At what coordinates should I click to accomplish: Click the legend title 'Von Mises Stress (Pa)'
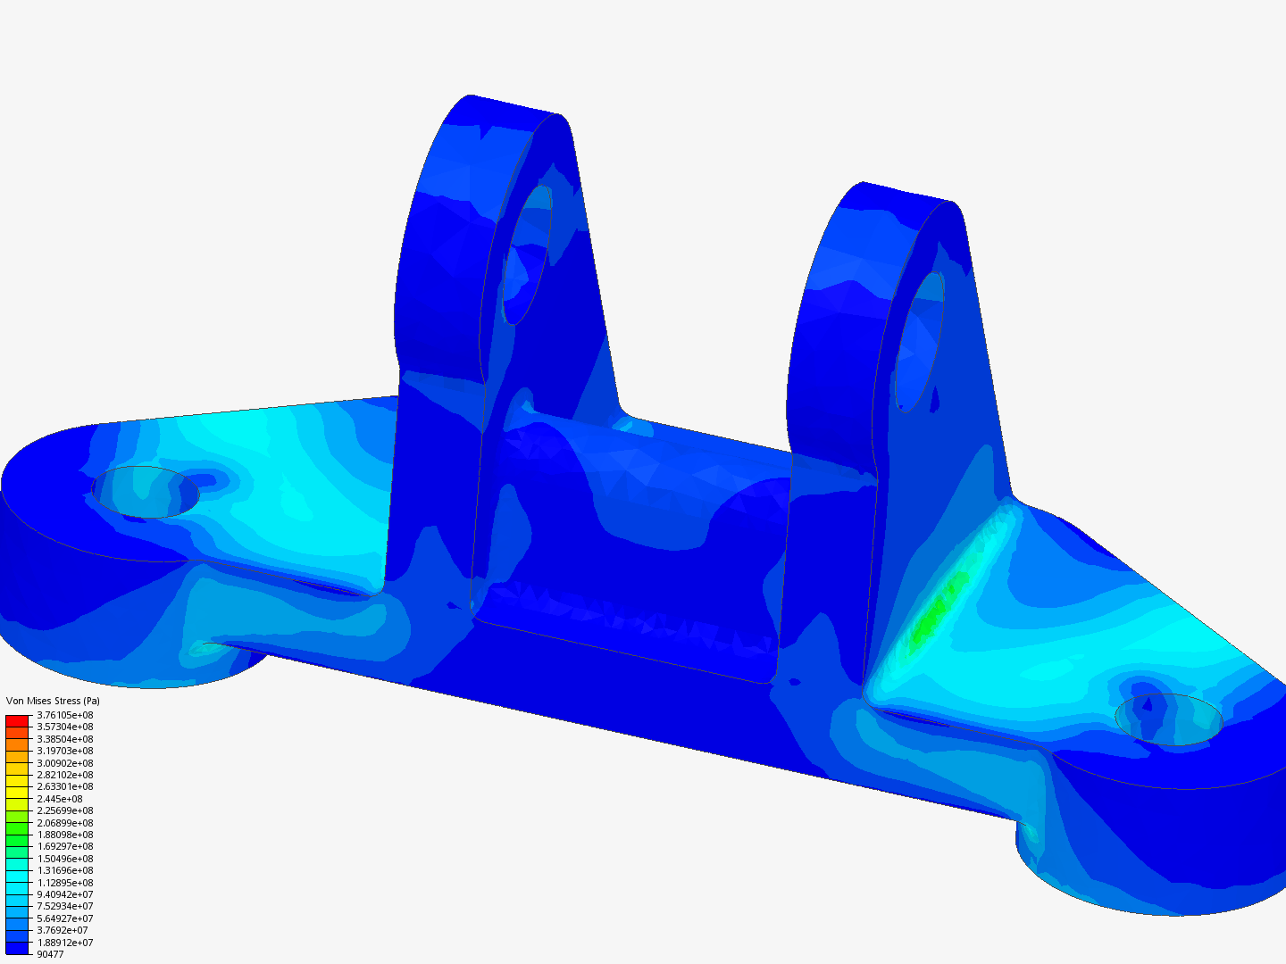(53, 701)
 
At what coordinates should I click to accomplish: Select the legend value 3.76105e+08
(64, 715)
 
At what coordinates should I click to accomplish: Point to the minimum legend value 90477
(50, 954)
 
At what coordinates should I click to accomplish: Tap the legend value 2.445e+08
(59, 799)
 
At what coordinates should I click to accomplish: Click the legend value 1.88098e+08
(64, 835)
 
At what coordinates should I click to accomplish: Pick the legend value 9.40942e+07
(64, 894)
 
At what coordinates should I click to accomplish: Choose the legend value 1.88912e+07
(64, 943)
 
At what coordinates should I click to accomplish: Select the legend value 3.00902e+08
(64, 763)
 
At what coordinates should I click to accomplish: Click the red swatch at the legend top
(17, 720)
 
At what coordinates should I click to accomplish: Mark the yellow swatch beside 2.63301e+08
(17, 786)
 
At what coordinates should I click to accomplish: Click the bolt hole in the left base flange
(146, 491)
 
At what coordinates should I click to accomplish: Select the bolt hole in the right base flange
(1167, 719)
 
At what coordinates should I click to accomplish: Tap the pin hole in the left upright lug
(527, 254)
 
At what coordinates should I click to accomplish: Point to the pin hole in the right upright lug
(919, 342)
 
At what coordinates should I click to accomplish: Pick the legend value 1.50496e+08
(64, 859)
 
